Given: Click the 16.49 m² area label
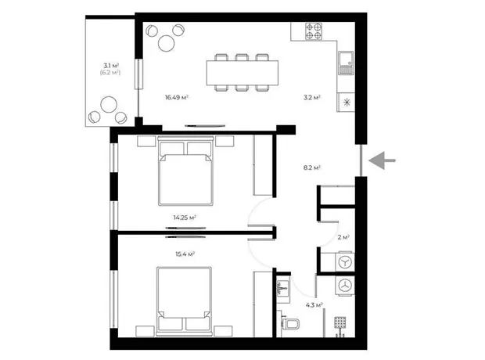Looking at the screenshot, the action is coord(177,98).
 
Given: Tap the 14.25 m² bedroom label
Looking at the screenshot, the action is coord(185,218).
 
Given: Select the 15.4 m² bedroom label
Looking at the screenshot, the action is coord(185,254).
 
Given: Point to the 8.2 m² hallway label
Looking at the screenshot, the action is coord(312,167).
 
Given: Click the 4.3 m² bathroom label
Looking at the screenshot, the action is coord(314,305).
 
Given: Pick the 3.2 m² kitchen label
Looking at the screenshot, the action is coord(312,98).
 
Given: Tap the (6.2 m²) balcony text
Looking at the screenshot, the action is coord(110,73).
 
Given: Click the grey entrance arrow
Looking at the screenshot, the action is coord(382,160).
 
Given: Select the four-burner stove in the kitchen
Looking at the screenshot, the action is coord(314,31).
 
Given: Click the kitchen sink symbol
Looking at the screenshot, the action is coord(346,63).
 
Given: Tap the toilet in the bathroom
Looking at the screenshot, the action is coord(290,324).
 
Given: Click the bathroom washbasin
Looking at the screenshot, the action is coord(283,288).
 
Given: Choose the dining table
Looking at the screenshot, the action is coord(242,73).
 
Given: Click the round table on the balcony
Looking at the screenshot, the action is coord(109,105).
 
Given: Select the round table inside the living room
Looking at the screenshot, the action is coord(167,43).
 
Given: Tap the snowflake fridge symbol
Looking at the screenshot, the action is coord(347,103).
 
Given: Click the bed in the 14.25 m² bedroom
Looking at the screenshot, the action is coord(185,171).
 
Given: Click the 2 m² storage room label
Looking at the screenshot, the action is coord(343,237).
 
